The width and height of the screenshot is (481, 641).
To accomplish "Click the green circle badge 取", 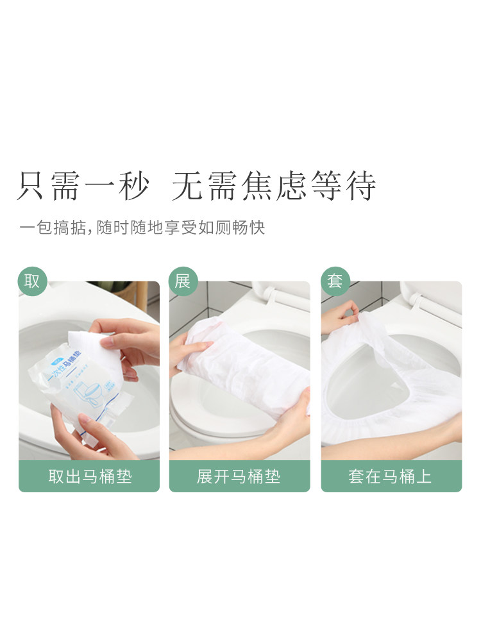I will coord(32,281).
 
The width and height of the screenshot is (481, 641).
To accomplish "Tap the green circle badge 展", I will coord(183,281).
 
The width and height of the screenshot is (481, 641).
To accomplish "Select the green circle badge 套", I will coord(335,281).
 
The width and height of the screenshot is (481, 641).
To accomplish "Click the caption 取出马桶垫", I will coord(89,476).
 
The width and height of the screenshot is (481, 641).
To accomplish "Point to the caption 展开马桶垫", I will coord(239,476).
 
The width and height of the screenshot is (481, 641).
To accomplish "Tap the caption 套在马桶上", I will coord(391,476).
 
